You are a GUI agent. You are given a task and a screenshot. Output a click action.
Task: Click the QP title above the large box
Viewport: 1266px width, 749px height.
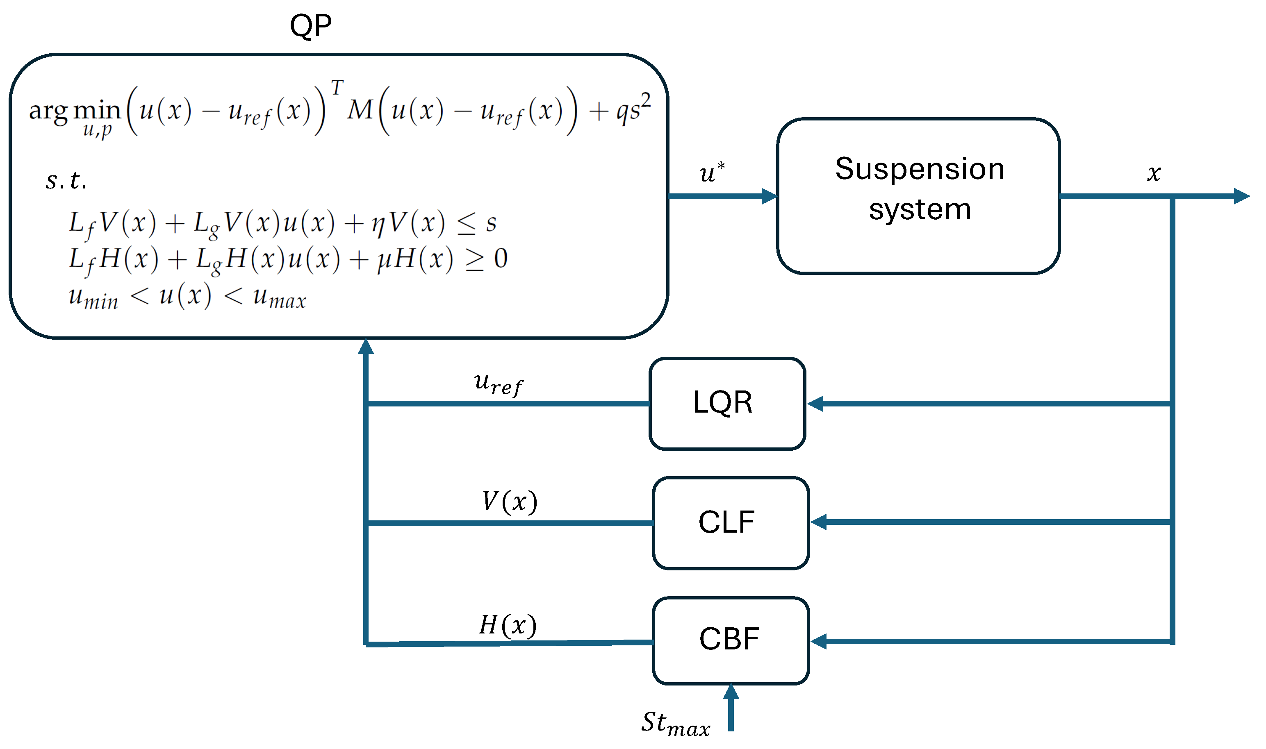click(311, 25)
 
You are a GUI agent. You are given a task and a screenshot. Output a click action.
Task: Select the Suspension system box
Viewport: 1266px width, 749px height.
click(918, 196)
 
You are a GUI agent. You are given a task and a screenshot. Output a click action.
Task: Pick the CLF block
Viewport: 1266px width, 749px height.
click(730, 523)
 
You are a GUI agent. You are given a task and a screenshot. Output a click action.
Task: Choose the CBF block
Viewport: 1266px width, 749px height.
click(730, 640)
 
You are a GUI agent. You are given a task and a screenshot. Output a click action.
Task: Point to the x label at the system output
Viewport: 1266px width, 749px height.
click(1153, 173)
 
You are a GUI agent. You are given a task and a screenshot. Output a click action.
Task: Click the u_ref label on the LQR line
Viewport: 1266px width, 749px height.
click(498, 385)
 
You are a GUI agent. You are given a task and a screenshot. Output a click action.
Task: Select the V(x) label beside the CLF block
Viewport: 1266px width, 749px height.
click(510, 502)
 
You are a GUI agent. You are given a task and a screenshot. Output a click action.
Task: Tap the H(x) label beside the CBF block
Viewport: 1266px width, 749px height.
click(508, 625)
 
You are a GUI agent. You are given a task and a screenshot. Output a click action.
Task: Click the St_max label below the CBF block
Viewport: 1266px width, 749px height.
click(675, 723)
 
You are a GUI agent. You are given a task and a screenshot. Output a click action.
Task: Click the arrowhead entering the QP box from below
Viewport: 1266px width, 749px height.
click(366, 347)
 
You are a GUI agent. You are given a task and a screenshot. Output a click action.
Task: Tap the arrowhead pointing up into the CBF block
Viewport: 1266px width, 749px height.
click(731, 692)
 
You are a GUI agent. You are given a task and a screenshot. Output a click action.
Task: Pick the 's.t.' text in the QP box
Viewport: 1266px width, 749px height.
click(66, 180)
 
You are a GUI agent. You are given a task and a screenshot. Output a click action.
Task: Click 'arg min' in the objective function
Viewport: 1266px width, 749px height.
click(75, 110)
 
